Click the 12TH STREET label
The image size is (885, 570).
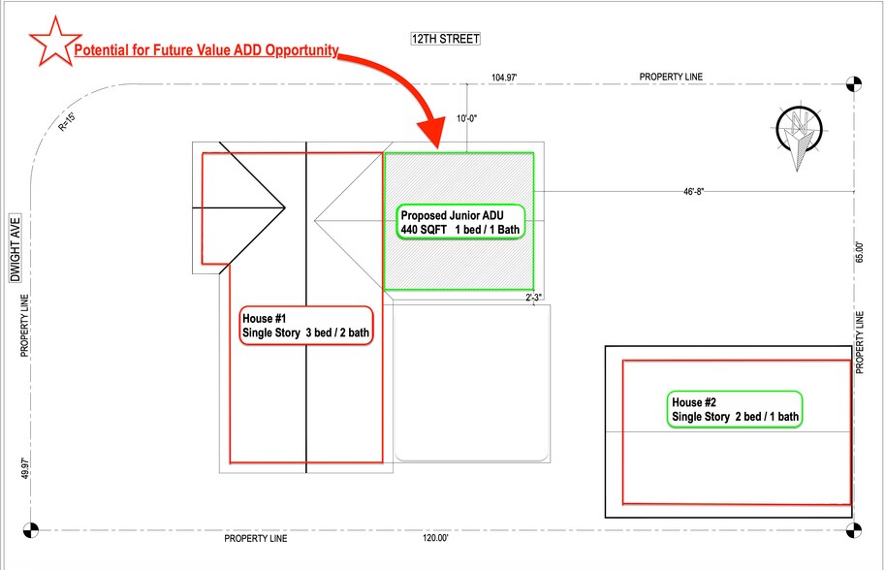(445, 39)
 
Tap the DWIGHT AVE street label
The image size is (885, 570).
(16, 249)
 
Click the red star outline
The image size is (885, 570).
(54, 43)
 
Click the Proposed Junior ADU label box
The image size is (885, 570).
(460, 222)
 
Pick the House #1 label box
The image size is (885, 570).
(306, 326)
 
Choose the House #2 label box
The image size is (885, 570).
(735, 409)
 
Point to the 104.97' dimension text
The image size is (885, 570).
(504, 78)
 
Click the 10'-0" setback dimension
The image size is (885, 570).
(467, 118)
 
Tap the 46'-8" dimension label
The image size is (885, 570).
(694, 191)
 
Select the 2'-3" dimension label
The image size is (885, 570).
(534, 298)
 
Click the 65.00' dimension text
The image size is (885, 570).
(859, 252)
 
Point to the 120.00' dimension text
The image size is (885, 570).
(436, 538)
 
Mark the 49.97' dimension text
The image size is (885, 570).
(25, 468)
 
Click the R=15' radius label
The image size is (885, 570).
(67, 122)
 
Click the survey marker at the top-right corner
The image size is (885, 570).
(854, 84)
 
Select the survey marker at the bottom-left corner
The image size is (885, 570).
(31, 530)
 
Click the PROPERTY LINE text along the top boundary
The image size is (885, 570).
(671, 77)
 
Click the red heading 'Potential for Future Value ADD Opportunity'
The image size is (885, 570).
(206, 50)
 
